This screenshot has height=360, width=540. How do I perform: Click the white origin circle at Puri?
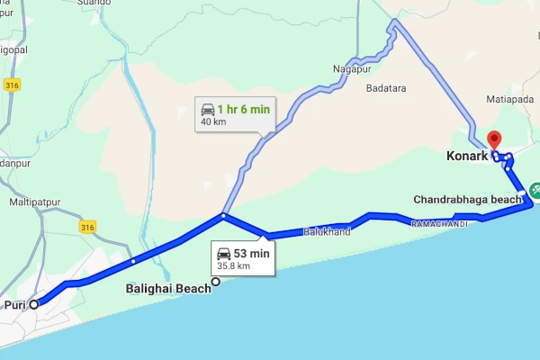(x=34, y=304)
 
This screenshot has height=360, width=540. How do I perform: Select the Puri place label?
(x=14, y=304)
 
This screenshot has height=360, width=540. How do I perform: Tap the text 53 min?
(x=252, y=253)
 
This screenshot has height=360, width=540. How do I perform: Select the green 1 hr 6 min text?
(x=242, y=109)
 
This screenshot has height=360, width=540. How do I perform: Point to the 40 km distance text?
(x=214, y=121)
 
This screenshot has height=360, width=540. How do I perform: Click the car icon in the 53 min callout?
(x=224, y=253)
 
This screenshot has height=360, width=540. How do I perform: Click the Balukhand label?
(x=327, y=231)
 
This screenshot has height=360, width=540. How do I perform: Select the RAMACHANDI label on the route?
(x=439, y=223)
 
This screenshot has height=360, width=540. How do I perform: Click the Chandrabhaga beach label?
(x=467, y=199)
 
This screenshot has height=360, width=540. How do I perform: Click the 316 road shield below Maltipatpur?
(x=87, y=225)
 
